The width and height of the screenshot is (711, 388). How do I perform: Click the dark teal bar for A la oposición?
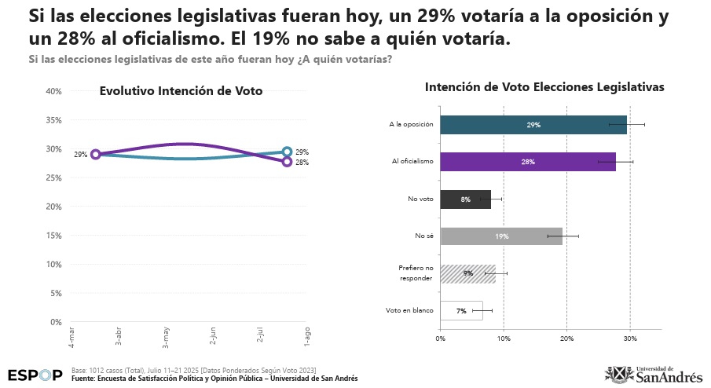pyautogui.click(x=533, y=124)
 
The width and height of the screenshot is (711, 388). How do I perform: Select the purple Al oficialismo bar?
pyautogui.click(x=527, y=162)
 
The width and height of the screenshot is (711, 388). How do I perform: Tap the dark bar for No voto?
pyautogui.click(x=465, y=199)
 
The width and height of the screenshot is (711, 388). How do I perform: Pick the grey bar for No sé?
pyautogui.click(x=500, y=236)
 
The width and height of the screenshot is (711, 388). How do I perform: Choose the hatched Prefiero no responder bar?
pyautogui.click(x=467, y=273)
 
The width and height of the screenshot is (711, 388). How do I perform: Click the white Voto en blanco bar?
pyautogui.click(x=461, y=310)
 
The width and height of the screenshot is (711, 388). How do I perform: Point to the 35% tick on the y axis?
pyautogui.click(x=54, y=120)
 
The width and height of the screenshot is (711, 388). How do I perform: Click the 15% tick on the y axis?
pyautogui.click(x=54, y=236)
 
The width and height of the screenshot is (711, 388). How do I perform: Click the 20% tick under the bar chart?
pyautogui.click(x=566, y=339)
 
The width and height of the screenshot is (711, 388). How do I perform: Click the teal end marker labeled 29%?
pyautogui.click(x=287, y=152)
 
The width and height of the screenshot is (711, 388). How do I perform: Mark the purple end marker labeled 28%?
pyautogui.click(x=287, y=162)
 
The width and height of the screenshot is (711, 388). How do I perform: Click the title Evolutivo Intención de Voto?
pyautogui.click(x=181, y=91)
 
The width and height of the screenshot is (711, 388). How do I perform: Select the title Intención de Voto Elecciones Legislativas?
pyautogui.click(x=544, y=88)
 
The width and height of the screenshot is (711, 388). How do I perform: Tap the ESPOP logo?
pyautogui.click(x=35, y=375)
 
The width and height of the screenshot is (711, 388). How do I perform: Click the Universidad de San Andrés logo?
pyautogui.click(x=654, y=375)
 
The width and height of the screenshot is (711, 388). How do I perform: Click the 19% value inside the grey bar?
pyautogui.click(x=501, y=236)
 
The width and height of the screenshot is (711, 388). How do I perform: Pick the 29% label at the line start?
pyautogui.click(x=80, y=155)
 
